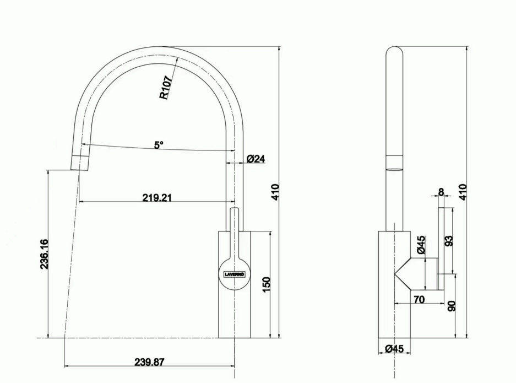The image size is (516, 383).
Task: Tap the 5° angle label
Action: point(159,145)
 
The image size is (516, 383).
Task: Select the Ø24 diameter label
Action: point(256,159)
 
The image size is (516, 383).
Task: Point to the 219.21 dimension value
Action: point(157,197)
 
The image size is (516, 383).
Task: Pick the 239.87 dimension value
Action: point(149,362)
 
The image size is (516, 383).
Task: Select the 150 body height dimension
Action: point(266,284)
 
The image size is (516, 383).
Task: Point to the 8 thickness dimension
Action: point(441,192)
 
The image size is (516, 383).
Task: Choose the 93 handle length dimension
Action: point(449,241)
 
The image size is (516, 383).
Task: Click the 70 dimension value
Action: point(419,300)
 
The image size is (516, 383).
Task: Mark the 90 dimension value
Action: point(452,306)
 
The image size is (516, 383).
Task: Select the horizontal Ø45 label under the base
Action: point(394,348)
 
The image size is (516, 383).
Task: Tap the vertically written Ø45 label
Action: point(421,245)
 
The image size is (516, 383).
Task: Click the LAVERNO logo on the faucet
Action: point(235,273)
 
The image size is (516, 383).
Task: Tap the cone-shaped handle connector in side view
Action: point(416,273)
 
